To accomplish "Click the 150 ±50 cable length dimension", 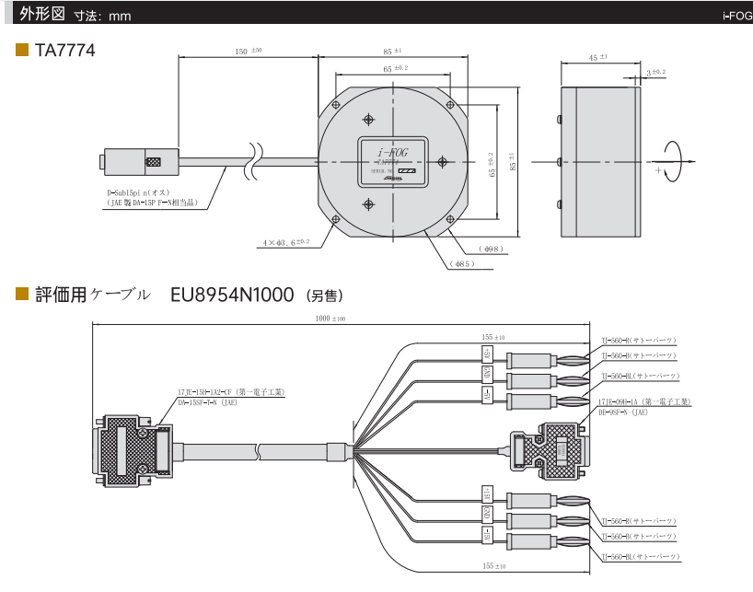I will pos(247,52).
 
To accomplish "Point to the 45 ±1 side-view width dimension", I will pos(598,58).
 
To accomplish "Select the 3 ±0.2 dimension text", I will pos(655,72).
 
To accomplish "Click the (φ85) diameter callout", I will pos(463,265).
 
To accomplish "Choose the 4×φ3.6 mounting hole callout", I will pos(285,243).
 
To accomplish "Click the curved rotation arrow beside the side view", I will pos(673,162).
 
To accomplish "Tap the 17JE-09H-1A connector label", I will pos(644,401).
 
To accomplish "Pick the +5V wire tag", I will pos(487,493).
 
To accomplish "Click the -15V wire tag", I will pos(487,397).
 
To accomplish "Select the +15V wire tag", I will pos(487,354).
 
